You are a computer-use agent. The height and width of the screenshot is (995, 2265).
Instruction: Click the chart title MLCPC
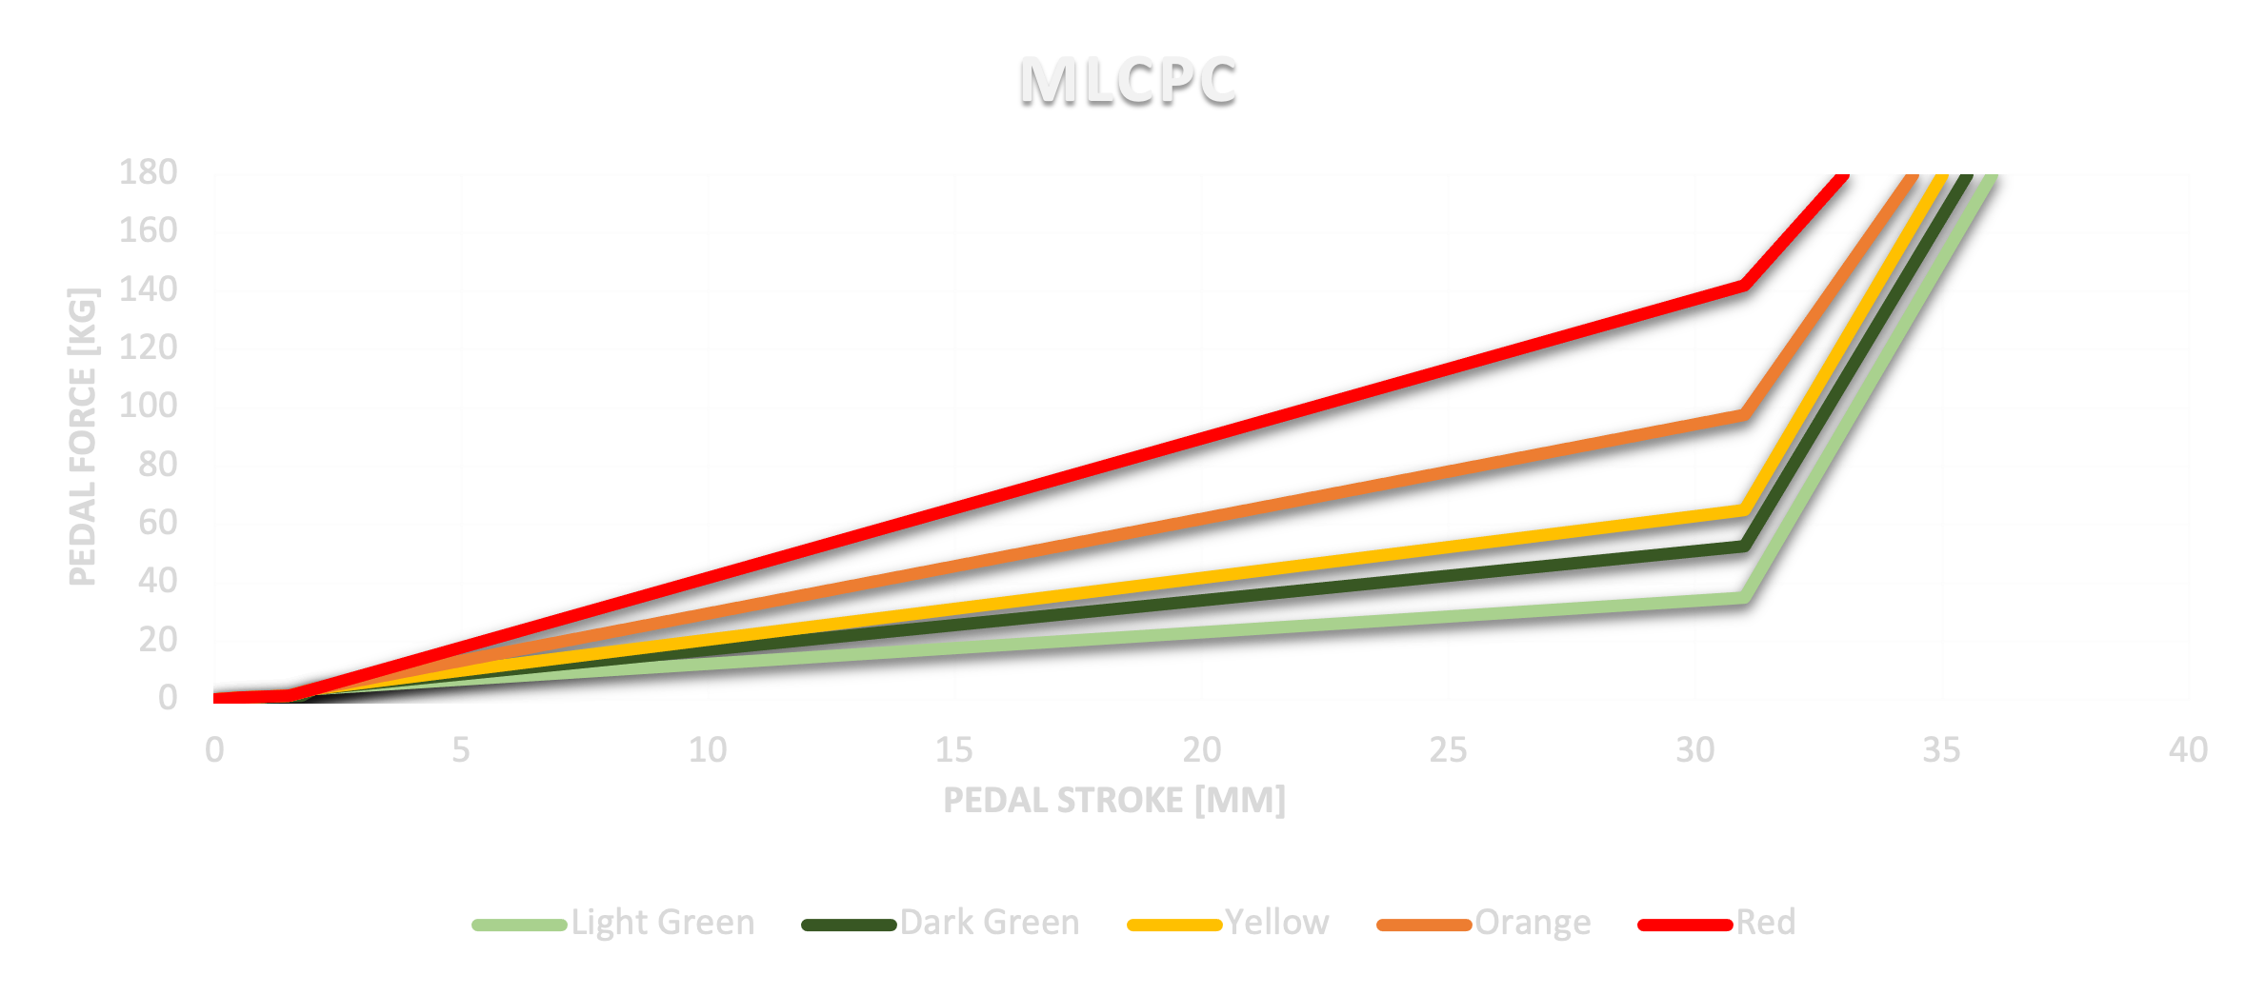pos(1128,79)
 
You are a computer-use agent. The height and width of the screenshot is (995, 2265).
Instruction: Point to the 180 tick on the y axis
pos(149,173)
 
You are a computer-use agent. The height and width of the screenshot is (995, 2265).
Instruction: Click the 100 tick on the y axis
pos(149,407)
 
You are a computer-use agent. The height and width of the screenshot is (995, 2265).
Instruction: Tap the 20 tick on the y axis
pos(158,640)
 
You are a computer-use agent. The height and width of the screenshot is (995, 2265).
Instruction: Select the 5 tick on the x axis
pos(461,750)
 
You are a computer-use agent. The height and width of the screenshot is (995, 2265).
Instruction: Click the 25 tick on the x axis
pos(1448,750)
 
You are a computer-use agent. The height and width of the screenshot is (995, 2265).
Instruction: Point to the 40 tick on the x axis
pos(2188,750)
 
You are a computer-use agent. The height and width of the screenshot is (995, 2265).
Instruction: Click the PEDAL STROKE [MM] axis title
pos(1113,801)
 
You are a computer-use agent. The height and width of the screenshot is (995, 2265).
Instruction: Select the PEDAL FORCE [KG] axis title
pos(83,436)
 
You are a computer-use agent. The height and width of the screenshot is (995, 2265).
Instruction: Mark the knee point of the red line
pos(1743,285)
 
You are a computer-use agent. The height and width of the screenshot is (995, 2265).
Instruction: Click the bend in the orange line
pos(1743,415)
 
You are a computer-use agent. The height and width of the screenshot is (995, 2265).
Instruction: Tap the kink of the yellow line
pos(1743,510)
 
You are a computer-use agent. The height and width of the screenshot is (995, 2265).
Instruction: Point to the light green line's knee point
pos(1743,597)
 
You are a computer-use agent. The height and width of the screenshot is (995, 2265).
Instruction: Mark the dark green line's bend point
pos(1743,546)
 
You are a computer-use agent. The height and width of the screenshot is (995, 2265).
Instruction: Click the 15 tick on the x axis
pos(954,750)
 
